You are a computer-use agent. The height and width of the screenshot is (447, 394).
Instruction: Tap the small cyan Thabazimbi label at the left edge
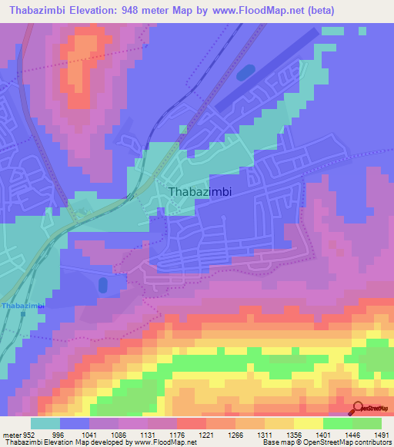click(23, 306)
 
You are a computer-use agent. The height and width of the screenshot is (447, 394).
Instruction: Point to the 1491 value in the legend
click(381, 434)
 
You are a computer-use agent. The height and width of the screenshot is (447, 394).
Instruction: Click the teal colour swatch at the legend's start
click(45, 423)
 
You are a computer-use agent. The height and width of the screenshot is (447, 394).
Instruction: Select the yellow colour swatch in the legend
click(309, 423)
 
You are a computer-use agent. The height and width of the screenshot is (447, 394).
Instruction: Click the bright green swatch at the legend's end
click(367, 423)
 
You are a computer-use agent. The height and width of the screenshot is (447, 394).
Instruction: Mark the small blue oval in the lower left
click(103, 286)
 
